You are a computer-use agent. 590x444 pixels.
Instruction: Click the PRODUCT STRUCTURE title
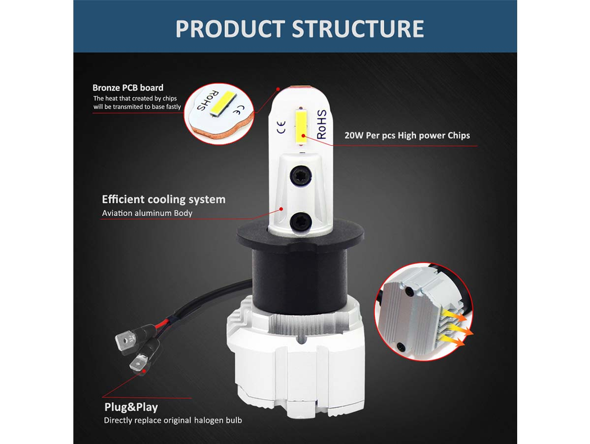coord(300,29)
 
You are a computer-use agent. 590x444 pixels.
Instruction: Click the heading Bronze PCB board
coord(128,88)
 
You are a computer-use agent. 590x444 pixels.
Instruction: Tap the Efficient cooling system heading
coord(164,199)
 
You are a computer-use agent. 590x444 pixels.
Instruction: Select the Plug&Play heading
coord(131,407)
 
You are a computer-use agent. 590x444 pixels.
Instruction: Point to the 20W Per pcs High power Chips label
coord(407,135)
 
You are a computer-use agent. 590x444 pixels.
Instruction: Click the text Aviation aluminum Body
coord(147,213)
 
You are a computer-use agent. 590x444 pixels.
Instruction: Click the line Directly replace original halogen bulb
coord(173,420)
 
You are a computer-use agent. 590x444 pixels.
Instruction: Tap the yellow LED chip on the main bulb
coord(301,126)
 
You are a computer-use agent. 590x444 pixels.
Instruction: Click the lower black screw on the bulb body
coord(300,222)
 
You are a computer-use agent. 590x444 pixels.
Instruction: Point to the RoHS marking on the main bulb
coord(322,125)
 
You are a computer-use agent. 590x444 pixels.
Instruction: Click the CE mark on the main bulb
coord(281,127)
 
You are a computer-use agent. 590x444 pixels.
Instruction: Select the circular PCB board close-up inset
coord(218,114)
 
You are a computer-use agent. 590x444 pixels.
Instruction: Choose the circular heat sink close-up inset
coord(424,312)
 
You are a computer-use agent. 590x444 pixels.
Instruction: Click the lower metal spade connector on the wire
coord(139,362)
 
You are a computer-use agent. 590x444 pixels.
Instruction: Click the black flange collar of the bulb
coord(300,234)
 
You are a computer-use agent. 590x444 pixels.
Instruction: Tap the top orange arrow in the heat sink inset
coord(455,316)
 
